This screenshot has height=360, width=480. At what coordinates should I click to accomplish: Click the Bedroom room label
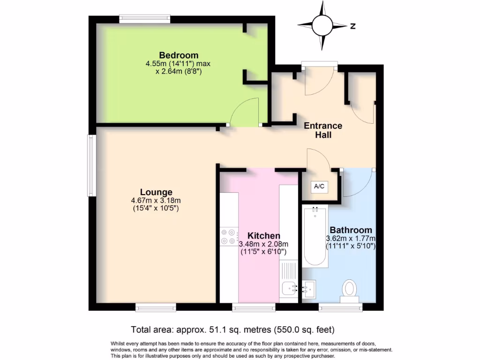(x=178, y=55)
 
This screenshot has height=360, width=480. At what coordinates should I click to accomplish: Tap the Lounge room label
(x=156, y=192)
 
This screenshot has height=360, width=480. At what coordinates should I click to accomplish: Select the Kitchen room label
(x=263, y=235)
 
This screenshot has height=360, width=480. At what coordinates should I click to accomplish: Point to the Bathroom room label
(x=351, y=230)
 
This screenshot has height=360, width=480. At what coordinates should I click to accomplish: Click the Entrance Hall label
(x=323, y=130)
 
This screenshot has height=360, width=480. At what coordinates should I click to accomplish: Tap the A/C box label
(x=319, y=187)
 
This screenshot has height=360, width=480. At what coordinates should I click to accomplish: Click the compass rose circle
(x=322, y=26)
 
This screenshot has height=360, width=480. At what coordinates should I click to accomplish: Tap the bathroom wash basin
(x=308, y=289)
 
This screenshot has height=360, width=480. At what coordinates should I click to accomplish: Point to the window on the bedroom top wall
(x=144, y=19)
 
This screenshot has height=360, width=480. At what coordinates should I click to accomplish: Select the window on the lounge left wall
(x=91, y=165)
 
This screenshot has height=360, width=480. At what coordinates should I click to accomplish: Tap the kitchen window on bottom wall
(x=254, y=307)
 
